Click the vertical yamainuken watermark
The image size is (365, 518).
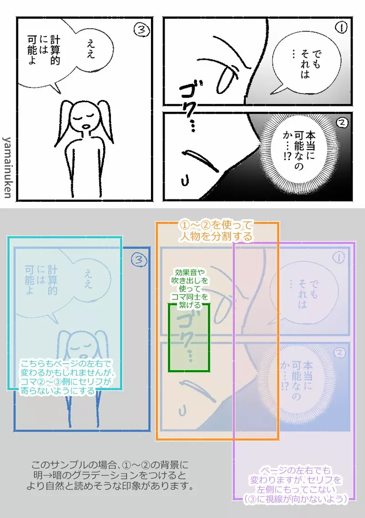(x=8, y=166)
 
